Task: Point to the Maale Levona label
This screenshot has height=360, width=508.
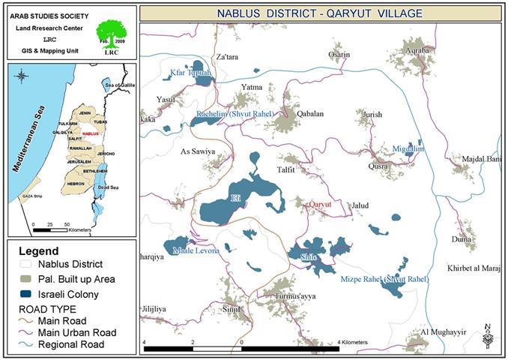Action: [193, 250]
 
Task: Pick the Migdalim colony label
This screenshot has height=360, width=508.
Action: [408, 149]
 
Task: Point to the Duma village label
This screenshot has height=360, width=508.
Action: [462, 239]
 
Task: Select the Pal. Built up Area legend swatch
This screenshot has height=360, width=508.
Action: [31, 280]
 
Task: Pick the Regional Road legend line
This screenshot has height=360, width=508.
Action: [31, 344]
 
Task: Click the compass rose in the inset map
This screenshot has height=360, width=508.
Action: [22, 76]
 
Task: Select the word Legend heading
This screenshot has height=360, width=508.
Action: [38, 250]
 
